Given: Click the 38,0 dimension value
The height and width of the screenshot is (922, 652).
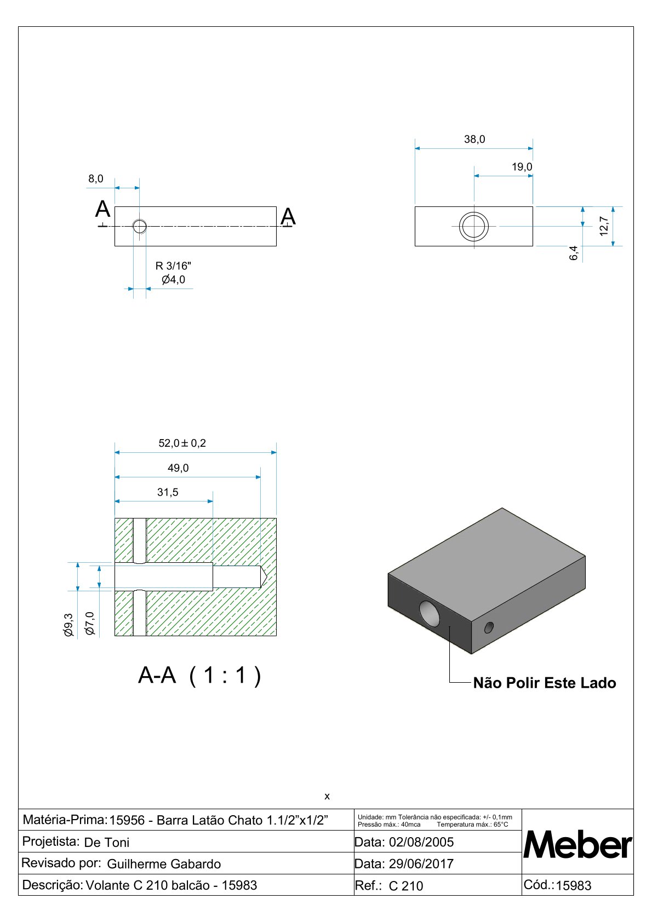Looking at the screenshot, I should pos(474,139).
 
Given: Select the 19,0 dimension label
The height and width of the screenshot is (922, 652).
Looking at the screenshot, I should pos(522,166).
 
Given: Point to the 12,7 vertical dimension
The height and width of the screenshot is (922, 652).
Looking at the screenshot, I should pos(604,226).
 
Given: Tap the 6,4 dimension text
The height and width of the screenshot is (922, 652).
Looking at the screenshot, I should pos(574,253).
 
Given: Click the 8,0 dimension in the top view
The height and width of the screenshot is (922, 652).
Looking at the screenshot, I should pos(96,178).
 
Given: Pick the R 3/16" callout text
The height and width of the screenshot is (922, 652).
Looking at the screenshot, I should pos(173,266).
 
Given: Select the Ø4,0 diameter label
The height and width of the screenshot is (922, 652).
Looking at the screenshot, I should pos(173,280).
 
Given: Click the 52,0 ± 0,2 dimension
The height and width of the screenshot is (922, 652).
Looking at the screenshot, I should pos(182,443).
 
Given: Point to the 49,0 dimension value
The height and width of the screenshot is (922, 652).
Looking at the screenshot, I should pos(178,468).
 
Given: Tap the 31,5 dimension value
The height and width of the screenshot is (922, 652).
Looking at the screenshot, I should pos(168,492).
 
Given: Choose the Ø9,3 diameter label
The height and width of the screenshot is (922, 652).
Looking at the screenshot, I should pos(68,625).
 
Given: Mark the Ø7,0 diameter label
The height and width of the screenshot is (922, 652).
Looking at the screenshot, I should pos(90,624).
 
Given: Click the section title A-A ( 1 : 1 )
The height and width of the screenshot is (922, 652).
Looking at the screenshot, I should pos(199,675).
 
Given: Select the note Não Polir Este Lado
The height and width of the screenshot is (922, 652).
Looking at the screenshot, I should pos(545,683).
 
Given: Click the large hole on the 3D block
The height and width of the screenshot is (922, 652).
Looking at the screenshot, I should pos(429,613).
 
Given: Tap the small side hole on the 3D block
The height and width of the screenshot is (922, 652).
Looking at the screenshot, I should pos(489,627).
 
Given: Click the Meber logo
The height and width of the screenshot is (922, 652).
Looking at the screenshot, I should pos(577,845).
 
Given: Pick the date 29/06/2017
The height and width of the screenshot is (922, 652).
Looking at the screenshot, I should pos(421,864).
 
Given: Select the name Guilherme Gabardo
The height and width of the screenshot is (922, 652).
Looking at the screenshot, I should pos(164,864).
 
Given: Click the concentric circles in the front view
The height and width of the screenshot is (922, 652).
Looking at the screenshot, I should pos(474,226).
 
